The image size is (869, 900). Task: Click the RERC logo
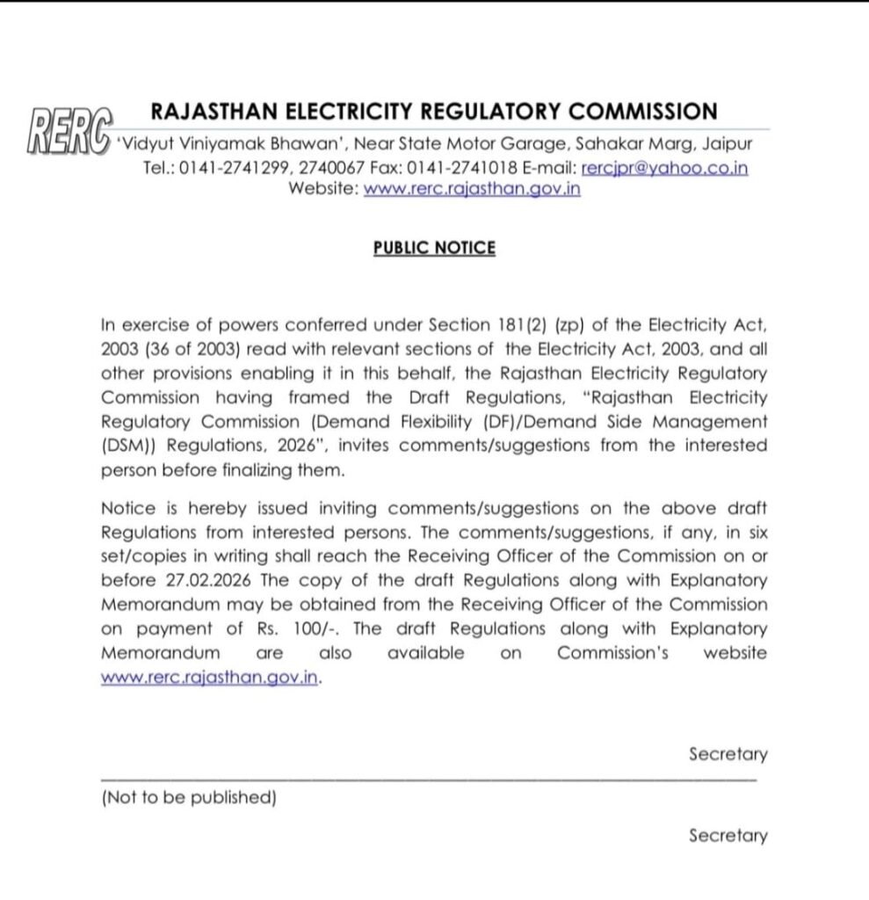click(68, 134)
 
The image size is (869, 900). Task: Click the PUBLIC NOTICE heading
click(434, 248)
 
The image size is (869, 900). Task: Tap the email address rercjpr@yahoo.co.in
click(664, 168)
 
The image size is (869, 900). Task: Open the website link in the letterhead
click(471, 189)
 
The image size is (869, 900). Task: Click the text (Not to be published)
click(189, 798)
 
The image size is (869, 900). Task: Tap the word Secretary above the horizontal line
click(728, 754)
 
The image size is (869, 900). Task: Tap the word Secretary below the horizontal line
click(728, 836)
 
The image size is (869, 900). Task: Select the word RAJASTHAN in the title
click(214, 112)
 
